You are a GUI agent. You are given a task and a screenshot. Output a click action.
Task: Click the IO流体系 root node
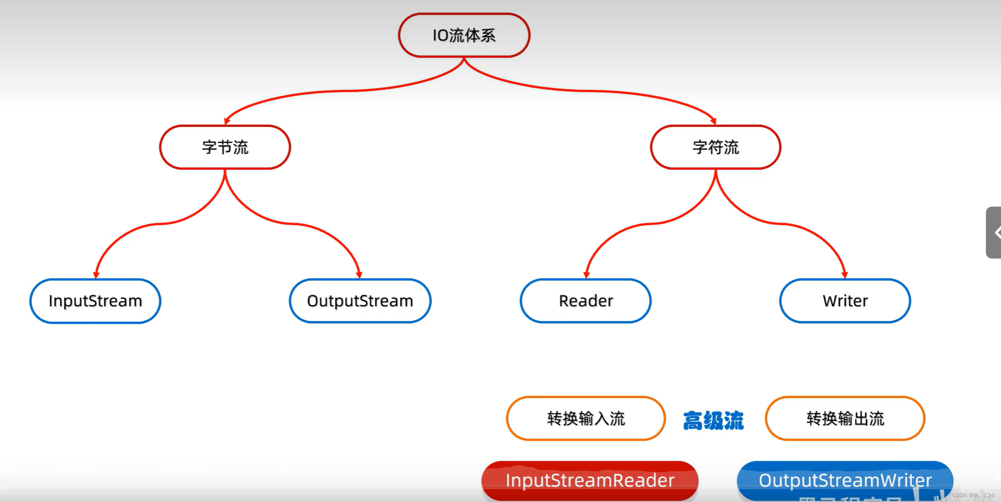click(x=464, y=35)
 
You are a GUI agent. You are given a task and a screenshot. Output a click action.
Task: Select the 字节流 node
click(x=225, y=147)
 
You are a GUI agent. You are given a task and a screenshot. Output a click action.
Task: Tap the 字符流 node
click(x=715, y=147)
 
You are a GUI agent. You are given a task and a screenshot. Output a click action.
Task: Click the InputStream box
click(x=95, y=301)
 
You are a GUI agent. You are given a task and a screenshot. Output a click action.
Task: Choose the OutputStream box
click(x=360, y=301)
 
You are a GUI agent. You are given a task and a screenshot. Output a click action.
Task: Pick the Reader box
click(x=585, y=301)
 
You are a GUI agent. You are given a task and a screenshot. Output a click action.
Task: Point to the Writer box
click(x=845, y=301)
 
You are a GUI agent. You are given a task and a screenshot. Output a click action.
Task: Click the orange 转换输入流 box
click(x=586, y=418)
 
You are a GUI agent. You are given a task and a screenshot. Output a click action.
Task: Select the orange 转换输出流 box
click(x=845, y=418)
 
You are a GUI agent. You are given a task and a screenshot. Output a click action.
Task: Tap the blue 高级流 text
click(x=713, y=420)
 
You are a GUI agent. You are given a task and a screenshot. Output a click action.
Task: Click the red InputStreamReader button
click(x=590, y=480)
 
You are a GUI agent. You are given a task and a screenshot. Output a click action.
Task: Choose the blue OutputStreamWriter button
click(x=845, y=480)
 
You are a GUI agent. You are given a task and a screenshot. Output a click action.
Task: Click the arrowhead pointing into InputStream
click(x=96, y=275)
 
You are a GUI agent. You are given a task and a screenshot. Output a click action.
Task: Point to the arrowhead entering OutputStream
click(x=359, y=275)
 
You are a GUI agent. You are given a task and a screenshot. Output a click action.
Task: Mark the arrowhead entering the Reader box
click(x=587, y=275)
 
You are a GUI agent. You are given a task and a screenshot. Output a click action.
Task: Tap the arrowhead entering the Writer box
click(x=844, y=275)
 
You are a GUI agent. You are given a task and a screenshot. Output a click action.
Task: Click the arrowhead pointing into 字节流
click(x=227, y=121)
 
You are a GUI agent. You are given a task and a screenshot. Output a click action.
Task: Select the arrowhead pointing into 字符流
click(x=713, y=121)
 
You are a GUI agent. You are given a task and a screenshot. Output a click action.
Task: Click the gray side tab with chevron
click(x=994, y=232)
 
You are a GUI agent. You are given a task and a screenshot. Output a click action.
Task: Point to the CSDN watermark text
click(x=973, y=495)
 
